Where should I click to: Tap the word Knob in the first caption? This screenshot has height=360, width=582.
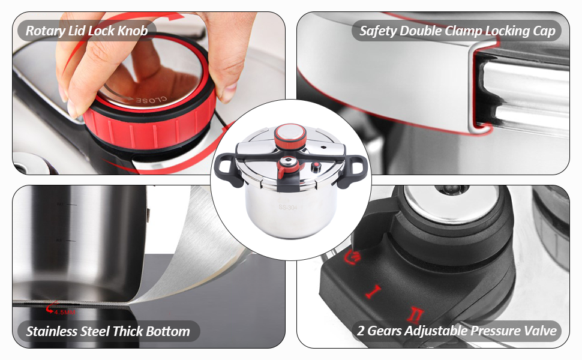point(133,31)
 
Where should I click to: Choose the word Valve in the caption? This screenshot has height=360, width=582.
point(539,331)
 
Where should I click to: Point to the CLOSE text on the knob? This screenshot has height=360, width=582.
point(150,101)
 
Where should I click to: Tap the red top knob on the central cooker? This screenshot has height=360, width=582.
point(292,133)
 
